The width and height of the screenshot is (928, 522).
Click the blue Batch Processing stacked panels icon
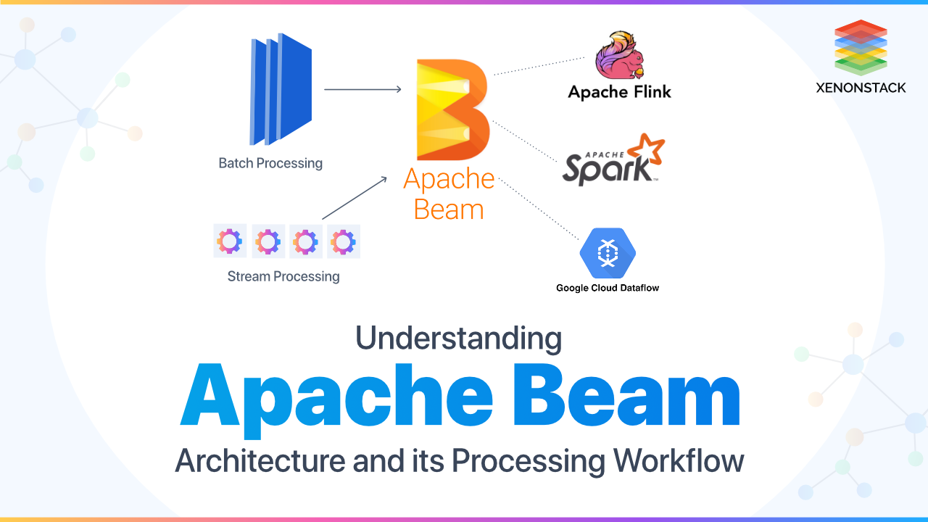pyautogui.click(x=281, y=88)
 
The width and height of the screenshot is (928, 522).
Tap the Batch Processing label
pyautogui.click(x=270, y=163)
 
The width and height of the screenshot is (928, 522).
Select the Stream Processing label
pyautogui.click(x=283, y=276)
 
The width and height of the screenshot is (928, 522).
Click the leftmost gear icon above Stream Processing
pyautogui.click(x=230, y=241)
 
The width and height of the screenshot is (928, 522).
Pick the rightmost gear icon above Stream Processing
pyautogui.click(x=344, y=241)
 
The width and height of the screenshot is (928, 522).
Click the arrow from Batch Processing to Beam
pyautogui.click(x=362, y=89)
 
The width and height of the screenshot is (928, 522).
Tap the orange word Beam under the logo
pyautogui.click(x=449, y=210)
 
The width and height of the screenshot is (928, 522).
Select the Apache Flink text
pyautogui.click(x=619, y=92)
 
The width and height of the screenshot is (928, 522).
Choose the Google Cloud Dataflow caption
pyautogui.click(x=608, y=288)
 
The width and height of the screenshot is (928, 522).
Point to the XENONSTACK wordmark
pyautogui.click(x=861, y=88)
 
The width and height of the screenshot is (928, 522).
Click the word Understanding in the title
pyautogui.click(x=459, y=339)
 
